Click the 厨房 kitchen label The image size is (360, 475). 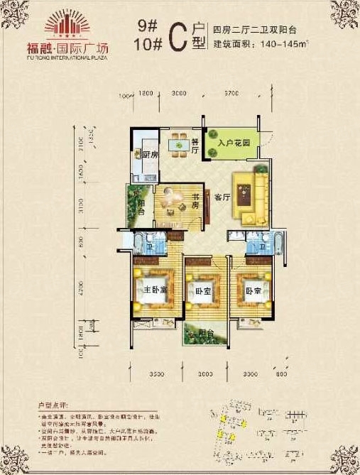pos(149,154)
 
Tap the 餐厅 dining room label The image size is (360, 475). pos(195,145)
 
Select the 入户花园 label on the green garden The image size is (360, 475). pos(234,143)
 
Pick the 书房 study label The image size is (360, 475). pos(192,200)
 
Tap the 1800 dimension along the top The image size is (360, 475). pos(146,93)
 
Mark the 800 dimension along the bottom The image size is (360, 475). pos(282,373)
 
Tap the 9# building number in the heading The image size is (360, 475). pos(148,26)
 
